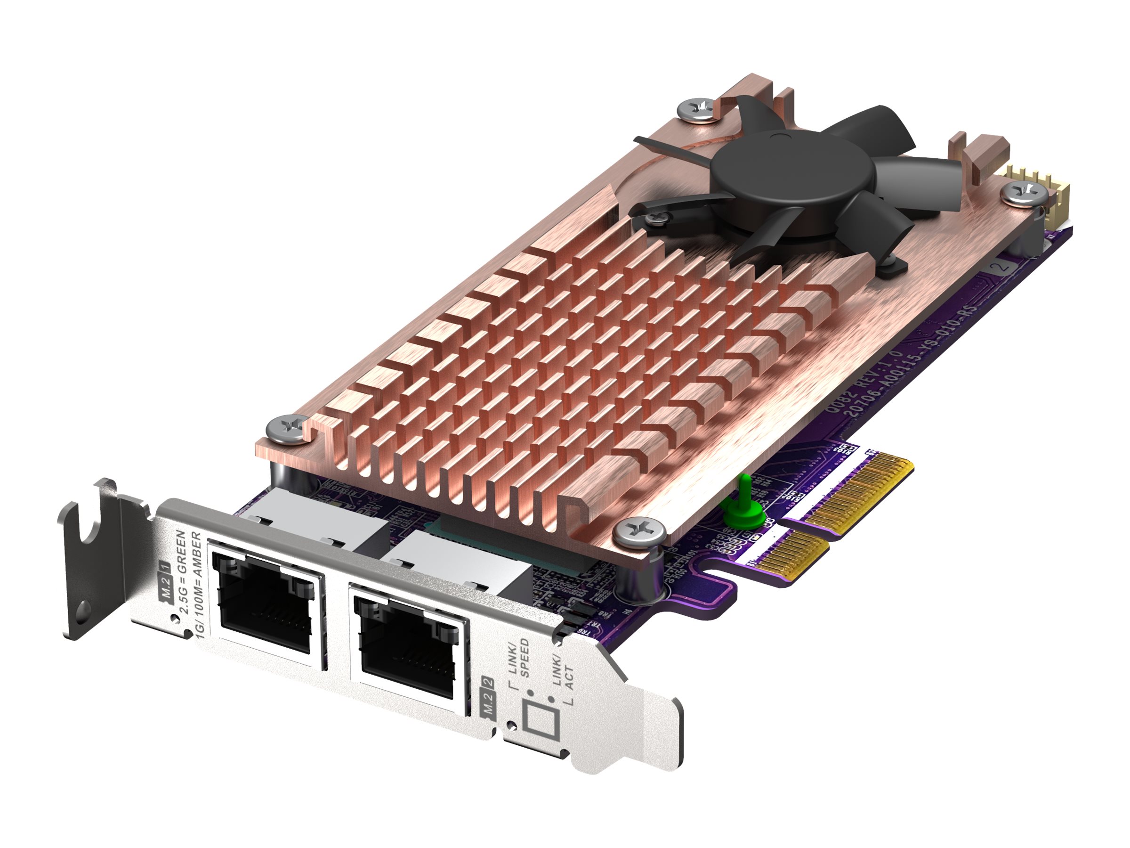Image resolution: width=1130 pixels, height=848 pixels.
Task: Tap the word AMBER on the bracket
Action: [x=198, y=557]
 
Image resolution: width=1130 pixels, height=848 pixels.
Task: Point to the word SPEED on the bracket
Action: [x=524, y=659]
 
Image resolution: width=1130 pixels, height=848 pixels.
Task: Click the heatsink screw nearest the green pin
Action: [x=638, y=531]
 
